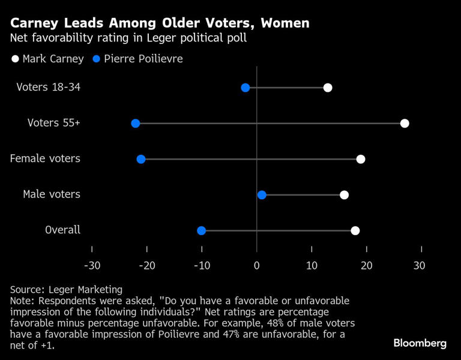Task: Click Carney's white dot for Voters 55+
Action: click(405, 124)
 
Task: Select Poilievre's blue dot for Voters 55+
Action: click(135, 124)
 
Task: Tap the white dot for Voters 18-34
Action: click(328, 88)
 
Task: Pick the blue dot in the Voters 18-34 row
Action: click(246, 88)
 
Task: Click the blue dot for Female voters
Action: click(141, 159)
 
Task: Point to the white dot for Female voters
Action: click(361, 159)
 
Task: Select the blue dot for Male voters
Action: click(262, 195)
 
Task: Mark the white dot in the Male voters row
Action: click(344, 195)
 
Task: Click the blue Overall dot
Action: click(202, 230)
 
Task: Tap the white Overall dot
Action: click(355, 230)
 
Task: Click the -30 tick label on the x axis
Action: click(92, 266)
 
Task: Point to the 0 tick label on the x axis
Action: click(257, 266)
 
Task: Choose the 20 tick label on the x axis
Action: click(366, 266)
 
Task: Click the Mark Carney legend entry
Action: click(48, 59)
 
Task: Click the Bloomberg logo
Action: click(420, 343)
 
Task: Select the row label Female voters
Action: click(45, 159)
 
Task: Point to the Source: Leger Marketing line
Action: click(66, 290)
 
